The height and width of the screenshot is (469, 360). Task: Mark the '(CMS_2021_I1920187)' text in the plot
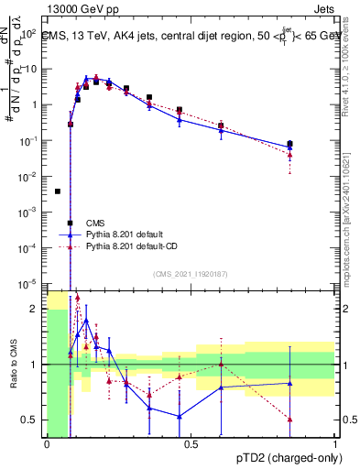point(190,274)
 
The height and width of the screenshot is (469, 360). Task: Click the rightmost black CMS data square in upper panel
point(289,144)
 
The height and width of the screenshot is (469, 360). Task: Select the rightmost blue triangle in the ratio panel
point(289,383)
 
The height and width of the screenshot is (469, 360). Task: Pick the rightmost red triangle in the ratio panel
point(289,419)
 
